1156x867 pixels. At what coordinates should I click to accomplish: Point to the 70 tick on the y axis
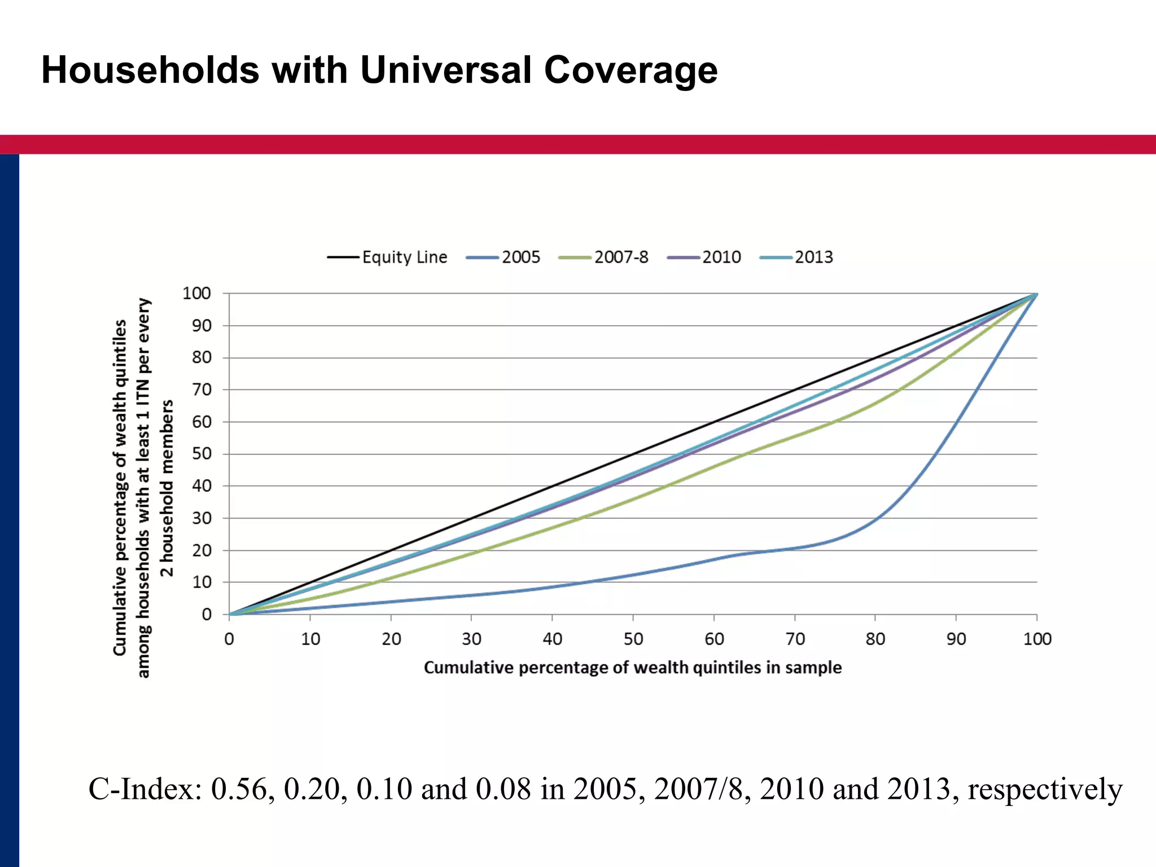(x=202, y=389)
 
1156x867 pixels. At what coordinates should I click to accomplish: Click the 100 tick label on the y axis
(x=196, y=294)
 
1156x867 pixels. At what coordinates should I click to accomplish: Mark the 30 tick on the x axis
(x=471, y=639)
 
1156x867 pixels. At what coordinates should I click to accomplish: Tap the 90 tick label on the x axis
(x=956, y=639)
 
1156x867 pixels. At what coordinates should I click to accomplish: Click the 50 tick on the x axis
(x=633, y=639)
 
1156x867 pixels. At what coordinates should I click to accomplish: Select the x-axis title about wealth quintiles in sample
(x=633, y=668)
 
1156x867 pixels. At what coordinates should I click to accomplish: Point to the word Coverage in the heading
(x=630, y=70)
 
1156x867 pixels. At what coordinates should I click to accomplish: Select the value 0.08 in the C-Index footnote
(x=503, y=789)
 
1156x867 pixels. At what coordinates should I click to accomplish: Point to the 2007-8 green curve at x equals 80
(x=875, y=404)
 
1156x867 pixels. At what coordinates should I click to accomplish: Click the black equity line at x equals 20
(x=391, y=550)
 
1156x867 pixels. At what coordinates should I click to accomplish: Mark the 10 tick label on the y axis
(x=202, y=582)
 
